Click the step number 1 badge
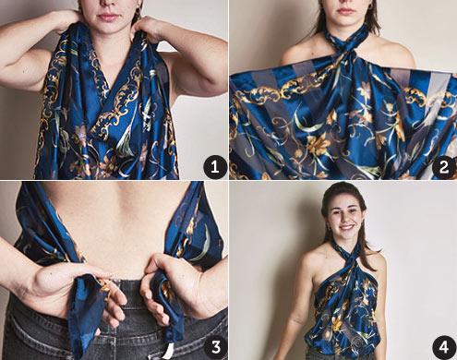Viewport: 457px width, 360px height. [214, 167]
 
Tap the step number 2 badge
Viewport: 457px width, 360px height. [443, 167]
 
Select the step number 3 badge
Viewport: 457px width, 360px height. [216, 347]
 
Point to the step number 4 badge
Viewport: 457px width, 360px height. [443, 347]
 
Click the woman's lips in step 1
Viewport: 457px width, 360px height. [107, 17]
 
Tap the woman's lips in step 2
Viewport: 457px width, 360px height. [345, 11]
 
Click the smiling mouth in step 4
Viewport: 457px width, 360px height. [347, 227]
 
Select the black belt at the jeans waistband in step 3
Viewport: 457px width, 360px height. [131, 293]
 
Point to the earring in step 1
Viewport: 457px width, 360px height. [138, 12]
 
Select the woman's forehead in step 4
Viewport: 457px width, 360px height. [343, 198]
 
